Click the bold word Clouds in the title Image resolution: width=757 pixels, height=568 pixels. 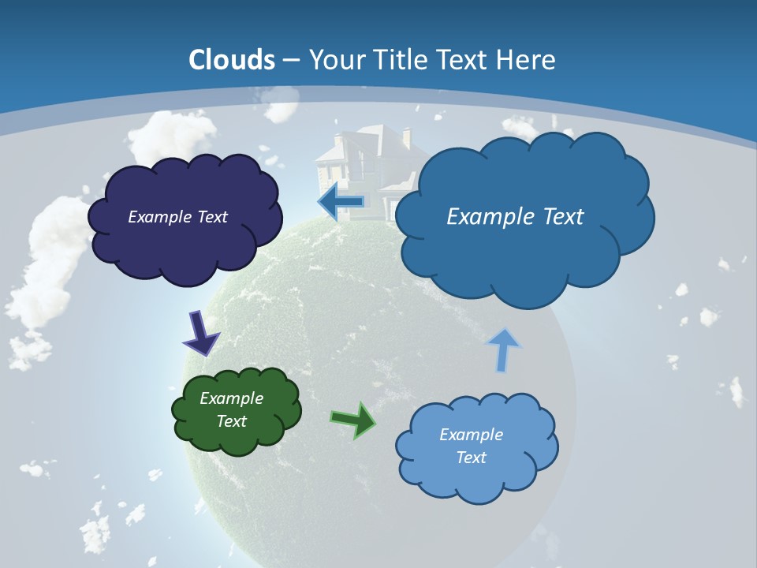click(x=232, y=60)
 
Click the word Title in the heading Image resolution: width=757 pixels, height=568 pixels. click(x=395, y=60)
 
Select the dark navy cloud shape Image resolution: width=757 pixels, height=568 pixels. click(x=185, y=245)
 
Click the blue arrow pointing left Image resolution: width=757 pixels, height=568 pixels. click(x=341, y=202)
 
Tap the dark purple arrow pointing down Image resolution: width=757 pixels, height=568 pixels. click(x=201, y=333)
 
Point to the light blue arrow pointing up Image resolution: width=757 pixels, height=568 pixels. click(x=503, y=349)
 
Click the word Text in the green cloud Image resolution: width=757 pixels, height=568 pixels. click(x=231, y=421)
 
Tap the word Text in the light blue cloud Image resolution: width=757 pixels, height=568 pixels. click(x=471, y=458)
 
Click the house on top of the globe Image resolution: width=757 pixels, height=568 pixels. click(x=363, y=170)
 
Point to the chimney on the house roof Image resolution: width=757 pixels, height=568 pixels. click(x=406, y=136)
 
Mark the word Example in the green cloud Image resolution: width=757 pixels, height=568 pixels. click(x=231, y=398)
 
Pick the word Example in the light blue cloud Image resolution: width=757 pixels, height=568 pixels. click(x=471, y=435)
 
